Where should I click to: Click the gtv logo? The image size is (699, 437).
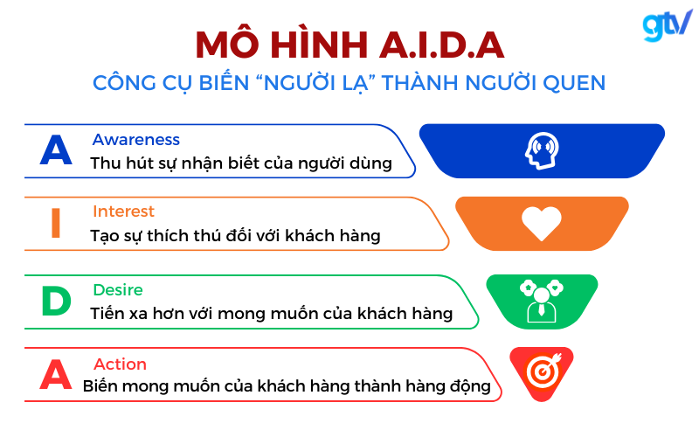(667, 25)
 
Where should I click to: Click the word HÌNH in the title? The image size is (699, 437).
(319, 45)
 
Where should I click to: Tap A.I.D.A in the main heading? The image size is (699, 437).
(442, 45)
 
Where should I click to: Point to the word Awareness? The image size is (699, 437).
(136, 140)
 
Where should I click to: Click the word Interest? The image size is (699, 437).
(123, 211)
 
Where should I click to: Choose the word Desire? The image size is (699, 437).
(118, 290)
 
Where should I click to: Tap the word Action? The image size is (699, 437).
(120, 364)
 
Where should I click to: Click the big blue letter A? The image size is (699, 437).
(56, 150)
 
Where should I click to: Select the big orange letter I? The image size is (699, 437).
(56, 223)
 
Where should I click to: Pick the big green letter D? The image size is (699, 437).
(56, 301)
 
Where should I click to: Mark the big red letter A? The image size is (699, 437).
(56, 374)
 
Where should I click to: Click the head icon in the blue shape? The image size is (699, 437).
(542, 150)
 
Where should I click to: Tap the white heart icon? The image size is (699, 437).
(542, 224)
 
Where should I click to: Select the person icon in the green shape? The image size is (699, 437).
(541, 301)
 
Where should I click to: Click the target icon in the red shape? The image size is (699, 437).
(543, 370)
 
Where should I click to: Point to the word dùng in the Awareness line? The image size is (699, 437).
(370, 163)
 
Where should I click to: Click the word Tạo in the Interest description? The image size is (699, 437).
(105, 236)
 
